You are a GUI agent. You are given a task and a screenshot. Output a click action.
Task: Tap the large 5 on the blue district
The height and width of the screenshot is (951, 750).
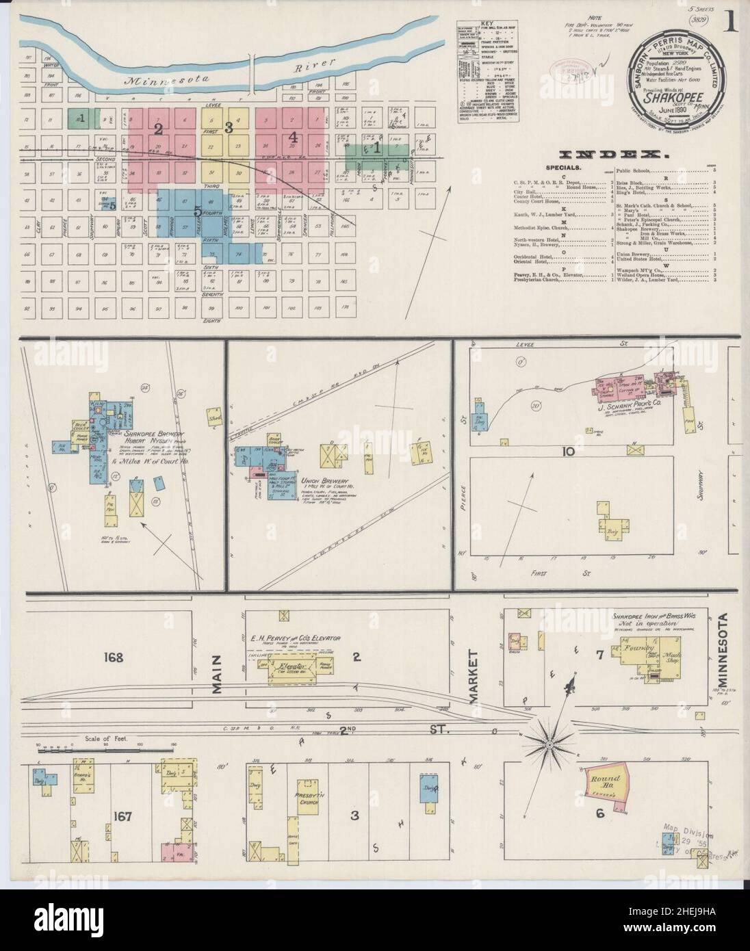pyautogui.click(x=197, y=211)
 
